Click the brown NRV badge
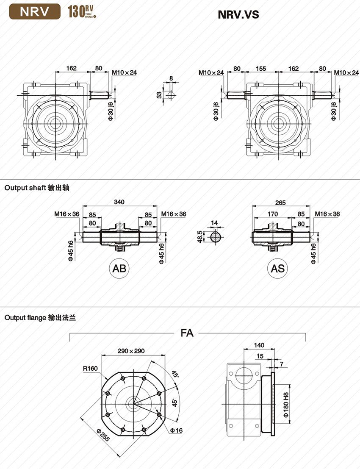click(35, 12)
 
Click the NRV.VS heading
click(238, 14)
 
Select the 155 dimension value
click(261, 69)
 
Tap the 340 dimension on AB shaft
click(119, 202)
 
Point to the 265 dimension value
click(280, 203)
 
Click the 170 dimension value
click(273, 214)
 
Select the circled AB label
click(119, 268)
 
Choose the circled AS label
click(277, 268)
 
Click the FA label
click(187, 333)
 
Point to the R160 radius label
click(90, 368)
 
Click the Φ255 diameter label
click(104, 435)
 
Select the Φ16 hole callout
click(177, 430)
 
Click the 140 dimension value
click(259, 345)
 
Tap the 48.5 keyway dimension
click(200, 236)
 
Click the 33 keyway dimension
click(159, 95)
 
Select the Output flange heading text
click(40, 317)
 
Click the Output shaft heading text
click(37, 188)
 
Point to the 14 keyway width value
click(214, 223)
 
